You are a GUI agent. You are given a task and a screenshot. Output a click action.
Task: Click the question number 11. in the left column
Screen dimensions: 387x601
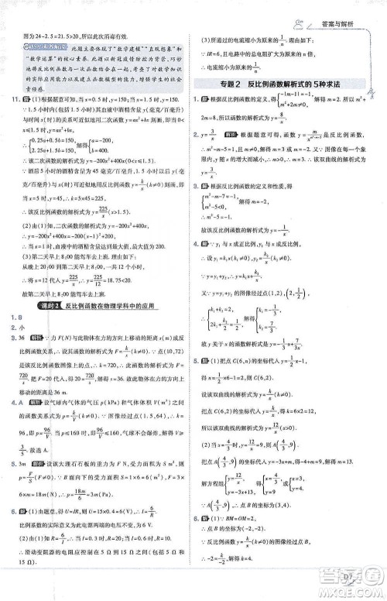coord(14,102)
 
